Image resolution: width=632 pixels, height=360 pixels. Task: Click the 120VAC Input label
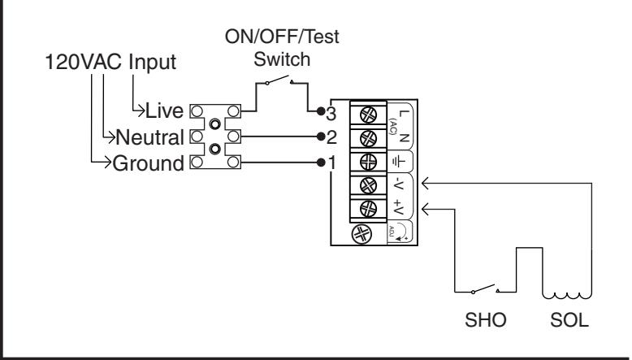click(x=110, y=62)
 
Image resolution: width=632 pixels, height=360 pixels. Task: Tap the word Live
click(x=164, y=111)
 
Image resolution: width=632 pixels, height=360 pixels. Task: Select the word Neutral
click(x=150, y=137)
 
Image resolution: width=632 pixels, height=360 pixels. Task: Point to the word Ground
click(x=149, y=163)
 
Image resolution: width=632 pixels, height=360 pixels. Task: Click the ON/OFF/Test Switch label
click(x=282, y=48)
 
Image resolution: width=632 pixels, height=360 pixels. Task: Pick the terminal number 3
click(x=331, y=114)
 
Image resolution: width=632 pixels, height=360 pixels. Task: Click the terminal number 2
click(x=331, y=137)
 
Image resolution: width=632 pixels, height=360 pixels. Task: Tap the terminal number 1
click(x=332, y=163)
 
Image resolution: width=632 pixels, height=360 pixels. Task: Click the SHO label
click(x=485, y=320)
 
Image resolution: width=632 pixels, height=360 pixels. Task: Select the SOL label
click(x=569, y=320)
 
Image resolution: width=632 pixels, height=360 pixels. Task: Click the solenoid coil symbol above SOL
click(x=567, y=296)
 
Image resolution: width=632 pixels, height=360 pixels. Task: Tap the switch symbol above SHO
click(x=485, y=288)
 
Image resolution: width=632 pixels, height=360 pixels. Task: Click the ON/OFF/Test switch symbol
click(x=279, y=80)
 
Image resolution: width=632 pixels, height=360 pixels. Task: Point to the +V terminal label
click(x=399, y=206)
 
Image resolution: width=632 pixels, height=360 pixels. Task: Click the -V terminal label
click(x=399, y=184)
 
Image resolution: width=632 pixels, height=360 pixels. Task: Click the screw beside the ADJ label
click(x=361, y=234)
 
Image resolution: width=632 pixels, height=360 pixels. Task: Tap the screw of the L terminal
click(x=368, y=115)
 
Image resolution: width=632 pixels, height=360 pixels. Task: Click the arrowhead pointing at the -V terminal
click(x=425, y=184)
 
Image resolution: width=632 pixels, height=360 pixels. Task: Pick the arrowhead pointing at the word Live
click(x=141, y=111)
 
